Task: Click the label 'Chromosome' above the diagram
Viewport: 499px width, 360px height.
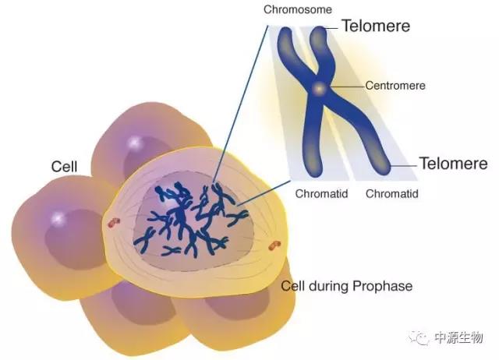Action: [299, 10]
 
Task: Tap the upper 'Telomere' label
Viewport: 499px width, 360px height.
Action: [376, 26]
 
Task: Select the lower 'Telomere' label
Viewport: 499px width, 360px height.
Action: [454, 164]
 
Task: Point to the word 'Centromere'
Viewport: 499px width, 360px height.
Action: [395, 86]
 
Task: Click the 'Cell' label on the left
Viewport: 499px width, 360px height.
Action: [64, 167]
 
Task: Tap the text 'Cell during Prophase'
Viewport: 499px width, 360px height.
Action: [347, 286]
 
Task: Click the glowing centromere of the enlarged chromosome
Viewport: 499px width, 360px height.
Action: [318, 90]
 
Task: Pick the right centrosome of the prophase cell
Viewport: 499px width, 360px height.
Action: [274, 246]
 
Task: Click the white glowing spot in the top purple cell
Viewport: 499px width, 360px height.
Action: [134, 143]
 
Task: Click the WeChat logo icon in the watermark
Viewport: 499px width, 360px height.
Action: [421, 337]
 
